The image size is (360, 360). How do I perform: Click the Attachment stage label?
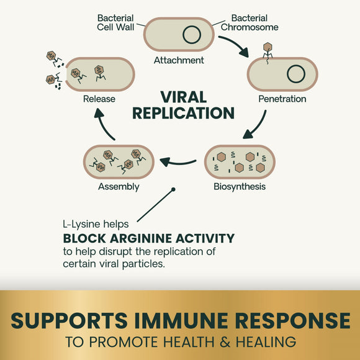[179, 61]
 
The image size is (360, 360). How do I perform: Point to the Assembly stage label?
[119, 186]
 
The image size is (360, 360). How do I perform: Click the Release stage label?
[100, 99]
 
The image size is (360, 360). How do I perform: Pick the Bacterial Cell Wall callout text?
[115, 22]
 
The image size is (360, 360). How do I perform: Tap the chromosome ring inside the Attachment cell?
[191, 35]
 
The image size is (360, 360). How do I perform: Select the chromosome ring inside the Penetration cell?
[295, 74]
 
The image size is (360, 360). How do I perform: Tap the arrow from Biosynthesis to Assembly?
[182, 163]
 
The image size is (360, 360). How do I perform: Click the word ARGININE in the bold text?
[140, 238]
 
